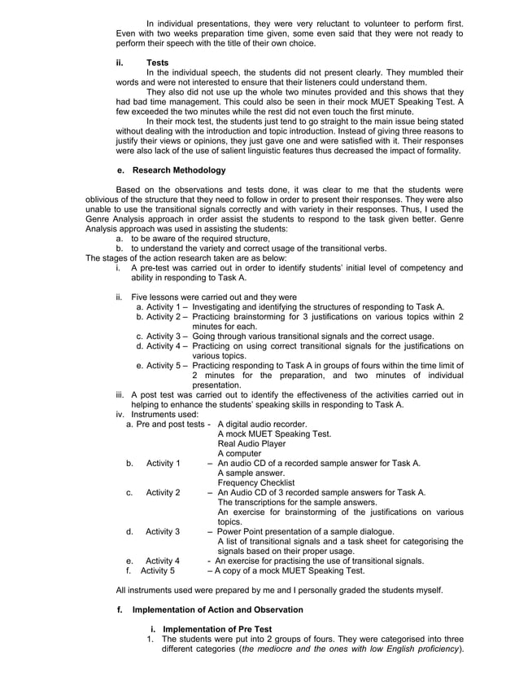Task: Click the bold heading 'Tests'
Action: [157, 62]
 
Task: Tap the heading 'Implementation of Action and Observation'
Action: [217, 609]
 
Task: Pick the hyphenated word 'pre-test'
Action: [153, 267]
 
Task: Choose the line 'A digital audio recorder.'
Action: [262, 424]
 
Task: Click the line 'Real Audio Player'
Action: [252, 443]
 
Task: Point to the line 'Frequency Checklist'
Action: [257, 482]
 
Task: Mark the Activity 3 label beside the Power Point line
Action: [163, 531]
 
